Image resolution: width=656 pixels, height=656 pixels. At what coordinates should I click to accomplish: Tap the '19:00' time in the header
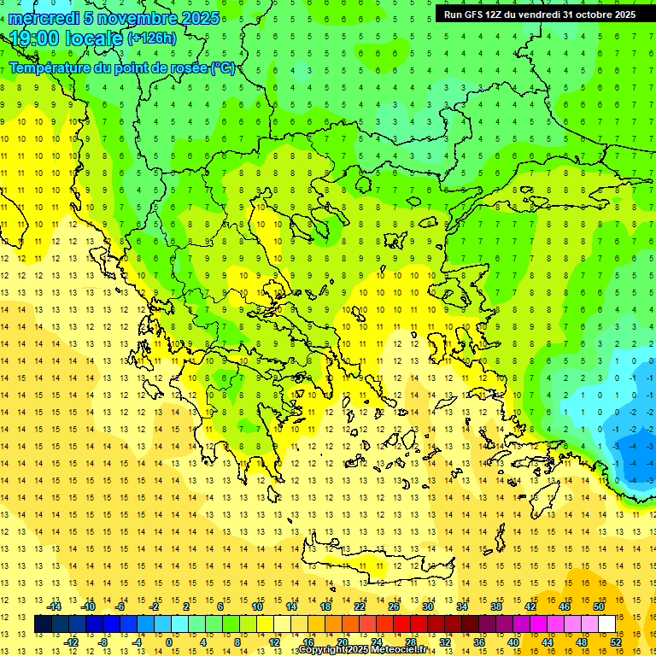tap(36, 38)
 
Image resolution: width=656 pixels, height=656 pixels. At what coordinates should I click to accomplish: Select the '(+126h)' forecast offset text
tap(152, 38)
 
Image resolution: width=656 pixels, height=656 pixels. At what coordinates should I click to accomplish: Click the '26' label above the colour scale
tap(394, 606)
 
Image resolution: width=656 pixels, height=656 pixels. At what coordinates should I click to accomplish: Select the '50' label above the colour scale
tap(599, 606)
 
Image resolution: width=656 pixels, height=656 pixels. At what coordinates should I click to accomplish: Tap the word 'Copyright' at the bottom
tap(322, 650)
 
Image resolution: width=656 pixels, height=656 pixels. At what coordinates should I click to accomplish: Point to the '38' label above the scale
tap(496, 606)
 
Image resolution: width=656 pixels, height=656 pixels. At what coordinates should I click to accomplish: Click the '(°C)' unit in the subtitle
tap(222, 67)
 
